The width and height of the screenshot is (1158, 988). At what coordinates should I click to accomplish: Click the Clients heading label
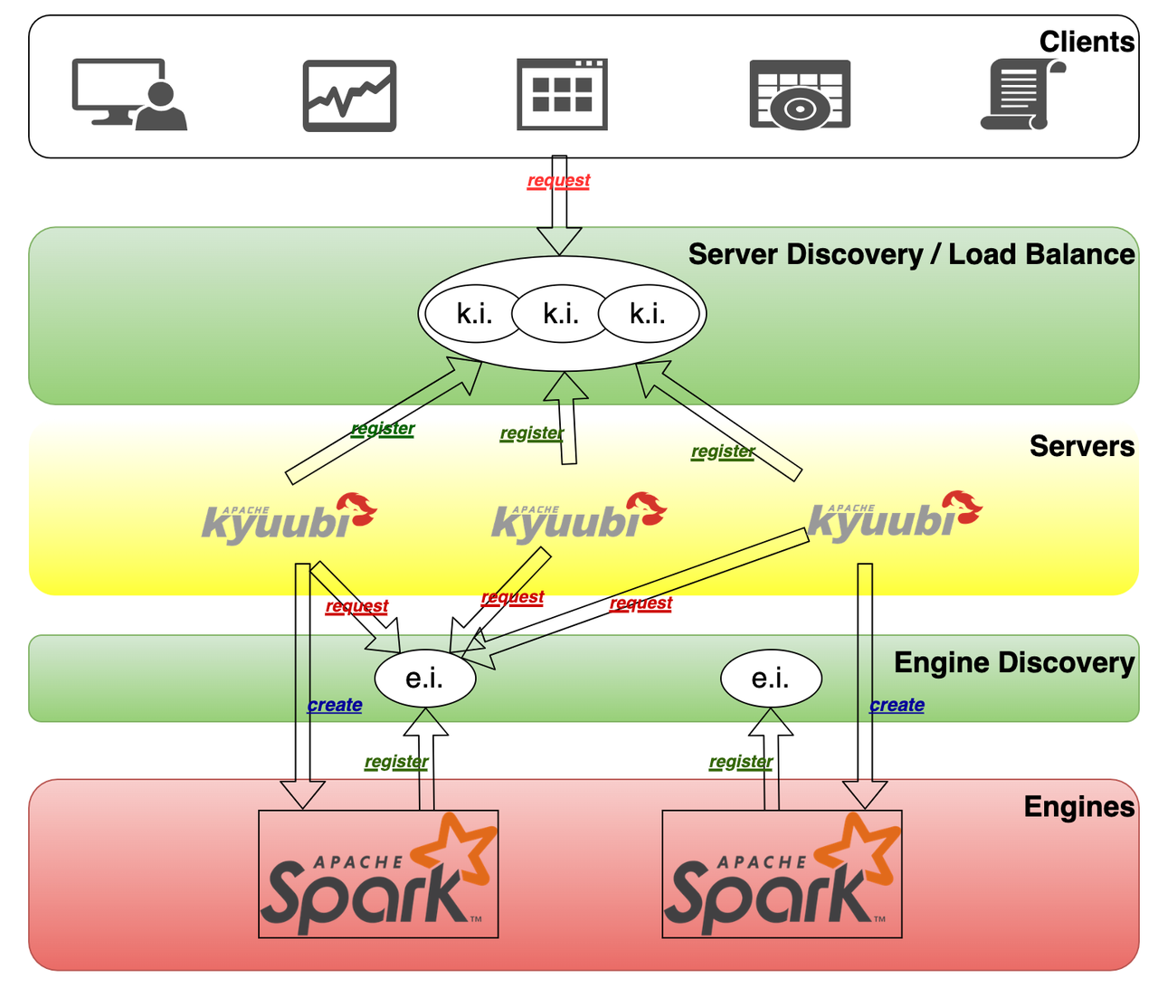pyautogui.click(x=1086, y=42)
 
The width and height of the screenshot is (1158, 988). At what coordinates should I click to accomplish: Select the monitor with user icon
pyautogui.click(x=128, y=94)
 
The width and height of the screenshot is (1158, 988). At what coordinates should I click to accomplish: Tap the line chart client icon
pyautogui.click(x=349, y=95)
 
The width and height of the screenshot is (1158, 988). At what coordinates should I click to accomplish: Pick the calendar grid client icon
pyautogui.click(x=562, y=94)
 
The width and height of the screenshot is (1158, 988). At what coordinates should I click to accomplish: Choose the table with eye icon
pyautogui.click(x=800, y=95)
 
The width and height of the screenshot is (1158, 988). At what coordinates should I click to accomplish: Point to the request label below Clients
pyautogui.click(x=558, y=180)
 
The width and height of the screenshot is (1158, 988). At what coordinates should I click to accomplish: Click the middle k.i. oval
pyautogui.click(x=561, y=314)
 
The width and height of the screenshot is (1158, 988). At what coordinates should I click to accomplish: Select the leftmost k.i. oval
pyautogui.click(x=474, y=314)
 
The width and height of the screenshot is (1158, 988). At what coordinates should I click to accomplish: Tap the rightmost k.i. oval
pyautogui.click(x=648, y=314)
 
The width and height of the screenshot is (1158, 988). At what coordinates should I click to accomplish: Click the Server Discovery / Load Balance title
pyautogui.click(x=910, y=254)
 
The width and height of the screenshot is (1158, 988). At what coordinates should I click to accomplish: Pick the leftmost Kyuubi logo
pyautogui.click(x=288, y=518)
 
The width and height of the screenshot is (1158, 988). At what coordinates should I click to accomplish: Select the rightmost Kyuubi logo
pyautogui.click(x=894, y=517)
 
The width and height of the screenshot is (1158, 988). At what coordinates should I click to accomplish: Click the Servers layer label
pyautogui.click(x=1081, y=446)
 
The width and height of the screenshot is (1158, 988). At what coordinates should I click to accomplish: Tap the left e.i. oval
pyautogui.click(x=425, y=678)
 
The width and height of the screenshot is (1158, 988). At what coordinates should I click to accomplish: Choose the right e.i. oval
pyautogui.click(x=771, y=678)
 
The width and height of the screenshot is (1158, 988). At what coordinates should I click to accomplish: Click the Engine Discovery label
pyautogui.click(x=1013, y=662)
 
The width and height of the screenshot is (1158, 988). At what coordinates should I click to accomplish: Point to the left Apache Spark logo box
pyautogui.click(x=378, y=873)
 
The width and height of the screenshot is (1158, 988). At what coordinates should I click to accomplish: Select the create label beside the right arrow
pyautogui.click(x=897, y=705)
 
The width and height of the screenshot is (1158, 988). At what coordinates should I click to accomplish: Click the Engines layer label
pyautogui.click(x=1078, y=806)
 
